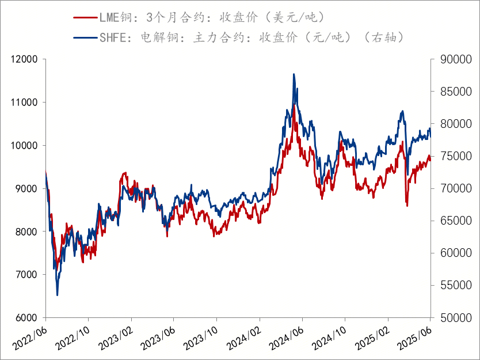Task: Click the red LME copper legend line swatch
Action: click(85, 17)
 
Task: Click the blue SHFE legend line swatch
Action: click(85, 38)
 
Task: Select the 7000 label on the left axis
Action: click(26, 275)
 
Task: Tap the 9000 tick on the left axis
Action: click(26, 188)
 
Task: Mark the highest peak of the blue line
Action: click(294, 74)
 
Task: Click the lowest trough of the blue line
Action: click(57, 295)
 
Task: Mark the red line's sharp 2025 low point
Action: click(407, 206)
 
